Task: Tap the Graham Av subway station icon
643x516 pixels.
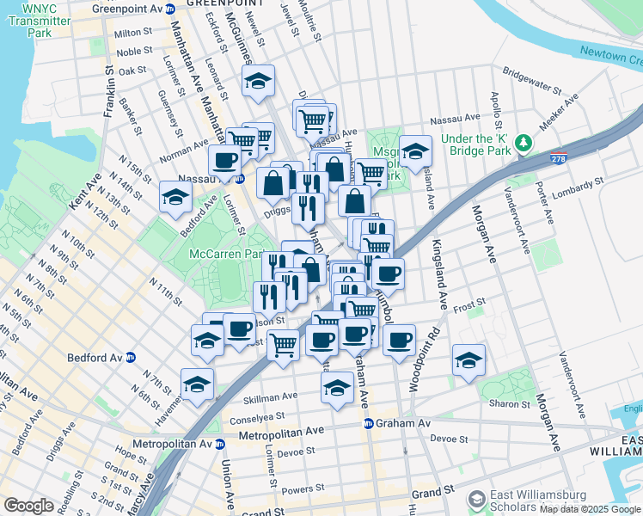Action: [x=368, y=423]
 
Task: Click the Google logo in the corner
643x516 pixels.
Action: [x=29, y=506]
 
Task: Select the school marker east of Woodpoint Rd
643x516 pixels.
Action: [x=468, y=359]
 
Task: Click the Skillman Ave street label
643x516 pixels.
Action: [x=270, y=397]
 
